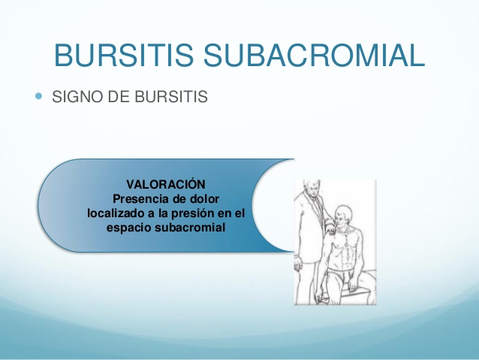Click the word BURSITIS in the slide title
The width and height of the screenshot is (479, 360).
point(124,55)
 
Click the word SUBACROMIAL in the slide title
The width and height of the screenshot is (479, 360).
point(314,55)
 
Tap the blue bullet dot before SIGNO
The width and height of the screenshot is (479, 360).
point(38,96)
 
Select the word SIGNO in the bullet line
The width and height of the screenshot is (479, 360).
point(77,97)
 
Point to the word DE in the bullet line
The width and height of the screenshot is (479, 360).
point(119,97)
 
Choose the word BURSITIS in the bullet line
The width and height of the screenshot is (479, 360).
point(171,97)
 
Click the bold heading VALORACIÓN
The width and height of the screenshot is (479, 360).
point(166,184)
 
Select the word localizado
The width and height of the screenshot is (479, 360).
point(116,213)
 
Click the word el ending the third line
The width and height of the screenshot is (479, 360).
point(239,213)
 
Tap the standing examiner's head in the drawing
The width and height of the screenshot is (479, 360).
point(312,187)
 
